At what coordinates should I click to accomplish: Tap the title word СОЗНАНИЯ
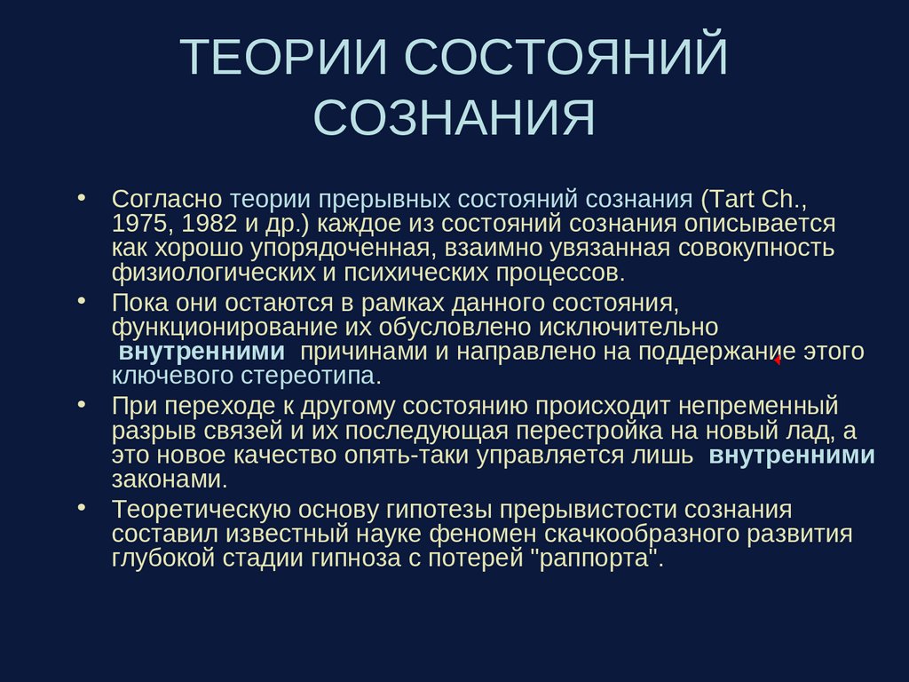point(454,119)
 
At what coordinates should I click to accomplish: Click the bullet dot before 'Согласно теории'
point(83,195)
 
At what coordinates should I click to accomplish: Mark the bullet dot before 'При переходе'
point(83,405)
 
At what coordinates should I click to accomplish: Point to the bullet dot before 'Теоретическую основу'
point(83,509)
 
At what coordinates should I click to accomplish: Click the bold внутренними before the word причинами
point(202,351)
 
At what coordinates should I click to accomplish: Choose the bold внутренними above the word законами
point(793,456)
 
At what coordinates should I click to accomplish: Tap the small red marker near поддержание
point(777,360)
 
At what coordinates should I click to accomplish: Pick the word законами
point(166,480)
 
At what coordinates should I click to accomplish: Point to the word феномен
point(480,535)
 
